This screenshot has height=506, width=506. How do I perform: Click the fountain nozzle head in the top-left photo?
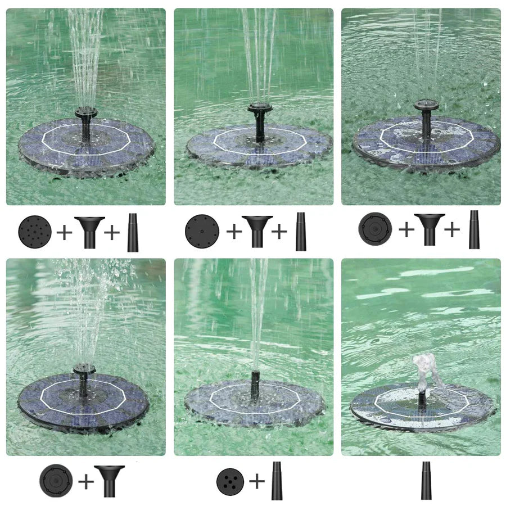click(86, 112)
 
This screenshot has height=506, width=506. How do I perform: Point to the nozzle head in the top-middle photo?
click(260, 107)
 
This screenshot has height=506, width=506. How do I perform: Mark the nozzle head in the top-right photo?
click(426, 105)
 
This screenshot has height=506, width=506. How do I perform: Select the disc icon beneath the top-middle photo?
click(202, 231)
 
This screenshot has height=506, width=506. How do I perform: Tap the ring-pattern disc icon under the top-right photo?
click(375, 229)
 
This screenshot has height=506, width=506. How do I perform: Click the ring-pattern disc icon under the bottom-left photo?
click(56, 481)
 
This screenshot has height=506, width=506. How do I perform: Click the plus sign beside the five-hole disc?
click(256, 481)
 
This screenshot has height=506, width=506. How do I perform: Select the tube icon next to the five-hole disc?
click(277, 481)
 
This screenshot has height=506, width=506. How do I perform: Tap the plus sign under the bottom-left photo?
click(85, 481)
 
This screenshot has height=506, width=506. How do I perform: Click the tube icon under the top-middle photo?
click(301, 231)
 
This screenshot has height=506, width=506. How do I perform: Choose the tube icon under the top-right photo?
click(474, 229)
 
